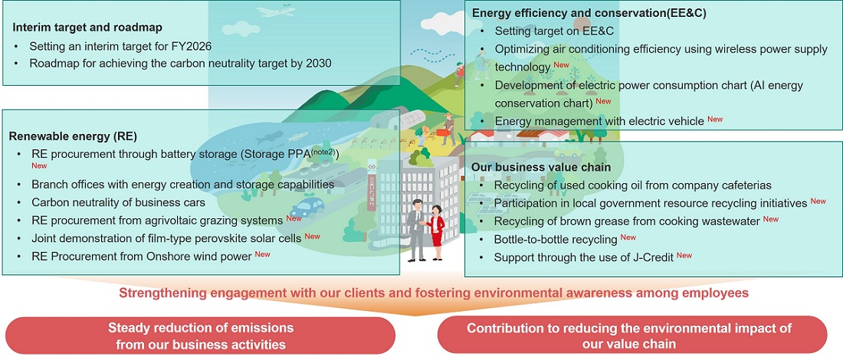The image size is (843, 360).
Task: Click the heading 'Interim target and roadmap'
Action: pyautogui.click(x=87, y=28)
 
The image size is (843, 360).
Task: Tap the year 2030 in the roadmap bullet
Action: pyautogui.click(x=317, y=63)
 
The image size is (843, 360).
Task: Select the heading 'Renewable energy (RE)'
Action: pyautogui.click(x=73, y=136)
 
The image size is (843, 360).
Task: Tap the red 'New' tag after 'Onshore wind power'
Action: pyautogui.click(x=263, y=254)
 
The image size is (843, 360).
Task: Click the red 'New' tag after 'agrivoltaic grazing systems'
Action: pyautogui.click(x=294, y=218)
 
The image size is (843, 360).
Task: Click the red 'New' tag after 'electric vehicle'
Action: pyautogui.click(x=715, y=119)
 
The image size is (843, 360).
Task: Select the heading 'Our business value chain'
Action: pyautogui.click(x=541, y=167)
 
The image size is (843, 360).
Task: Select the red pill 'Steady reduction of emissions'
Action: pyautogui.click(x=200, y=335)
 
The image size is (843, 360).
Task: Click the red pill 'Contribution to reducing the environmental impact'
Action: pyautogui.click(x=631, y=335)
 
